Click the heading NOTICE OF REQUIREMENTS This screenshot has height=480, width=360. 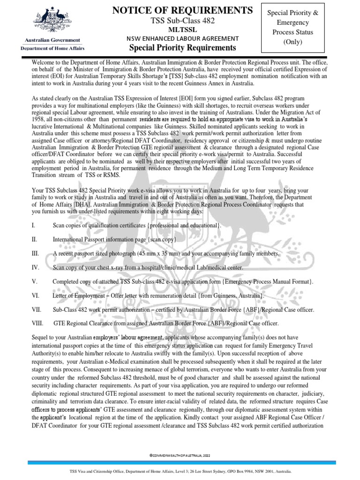click(x=183, y=10)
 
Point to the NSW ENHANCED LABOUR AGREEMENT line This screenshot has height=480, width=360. click(x=183, y=38)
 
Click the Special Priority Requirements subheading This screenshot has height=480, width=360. click(x=183, y=48)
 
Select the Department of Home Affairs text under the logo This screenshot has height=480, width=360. click(x=52, y=48)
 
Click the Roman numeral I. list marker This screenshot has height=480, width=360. click(x=34, y=226)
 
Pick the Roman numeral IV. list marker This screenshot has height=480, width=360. click(x=35, y=267)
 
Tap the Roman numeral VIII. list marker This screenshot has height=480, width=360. click(x=37, y=323)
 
